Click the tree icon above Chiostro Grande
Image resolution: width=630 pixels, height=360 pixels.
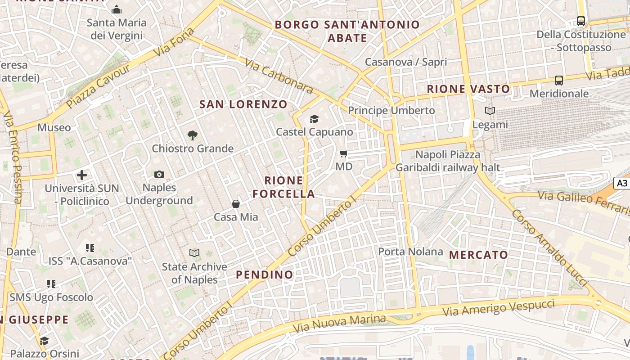(x=193, y=135)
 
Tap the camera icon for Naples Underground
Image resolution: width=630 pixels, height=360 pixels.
(x=159, y=174)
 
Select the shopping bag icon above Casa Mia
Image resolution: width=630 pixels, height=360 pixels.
(x=235, y=204)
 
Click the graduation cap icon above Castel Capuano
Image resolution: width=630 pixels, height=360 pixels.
(x=314, y=119)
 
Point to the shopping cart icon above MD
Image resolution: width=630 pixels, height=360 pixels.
(x=344, y=154)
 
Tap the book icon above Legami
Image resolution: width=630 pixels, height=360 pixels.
(x=490, y=111)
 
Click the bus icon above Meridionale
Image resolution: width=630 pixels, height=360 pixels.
(x=559, y=81)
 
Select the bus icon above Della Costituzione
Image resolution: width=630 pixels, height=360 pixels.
(x=581, y=21)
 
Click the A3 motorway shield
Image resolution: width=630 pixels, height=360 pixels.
(x=621, y=183)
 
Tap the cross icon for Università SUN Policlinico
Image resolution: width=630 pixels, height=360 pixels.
(x=82, y=175)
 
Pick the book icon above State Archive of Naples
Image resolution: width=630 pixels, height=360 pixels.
(x=194, y=253)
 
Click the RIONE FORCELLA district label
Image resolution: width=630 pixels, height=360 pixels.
(x=283, y=187)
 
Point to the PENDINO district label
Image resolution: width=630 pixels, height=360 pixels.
(x=265, y=274)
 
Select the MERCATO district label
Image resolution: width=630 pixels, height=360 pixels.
(x=479, y=255)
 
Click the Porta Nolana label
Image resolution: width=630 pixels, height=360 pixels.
(x=410, y=252)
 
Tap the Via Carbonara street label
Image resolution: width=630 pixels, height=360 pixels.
(x=279, y=76)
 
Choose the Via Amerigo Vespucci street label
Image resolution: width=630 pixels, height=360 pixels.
(x=499, y=308)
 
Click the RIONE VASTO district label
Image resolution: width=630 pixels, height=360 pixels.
(x=468, y=89)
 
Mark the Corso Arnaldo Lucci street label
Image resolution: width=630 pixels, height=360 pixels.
(x=549, y=247)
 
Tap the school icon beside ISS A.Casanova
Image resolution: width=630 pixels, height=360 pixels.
(x=90, y=247)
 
